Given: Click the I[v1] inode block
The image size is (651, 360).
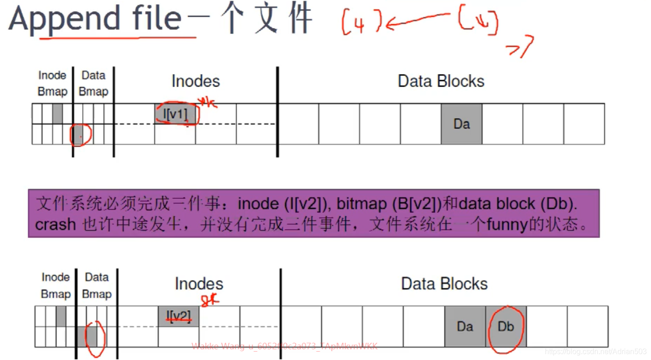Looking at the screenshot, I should tap(175, 114).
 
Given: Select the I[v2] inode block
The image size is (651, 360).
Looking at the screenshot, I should tap(178, 316).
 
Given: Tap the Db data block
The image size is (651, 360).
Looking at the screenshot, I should tap(506, 326).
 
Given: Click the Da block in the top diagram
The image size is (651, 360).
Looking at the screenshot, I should tap(461, 124).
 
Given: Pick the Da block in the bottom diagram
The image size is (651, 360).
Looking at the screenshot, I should tap(465, 326).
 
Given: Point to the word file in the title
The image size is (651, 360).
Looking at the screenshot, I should tap(156, 19).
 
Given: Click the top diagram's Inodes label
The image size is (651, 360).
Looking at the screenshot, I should tap(196, 81).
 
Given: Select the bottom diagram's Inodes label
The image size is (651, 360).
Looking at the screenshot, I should tap(199, 284).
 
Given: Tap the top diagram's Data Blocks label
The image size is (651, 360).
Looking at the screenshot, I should tap(441, 81).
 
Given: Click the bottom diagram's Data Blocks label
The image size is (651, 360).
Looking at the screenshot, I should tap(444, 284).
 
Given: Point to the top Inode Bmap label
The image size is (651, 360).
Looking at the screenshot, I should tap(53, 83).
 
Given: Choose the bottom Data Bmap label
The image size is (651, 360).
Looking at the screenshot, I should tap(97, 285).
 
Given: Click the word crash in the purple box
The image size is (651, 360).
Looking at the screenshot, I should tap(55, 225).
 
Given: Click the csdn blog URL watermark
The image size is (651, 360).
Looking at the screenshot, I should tap(596, 351).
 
